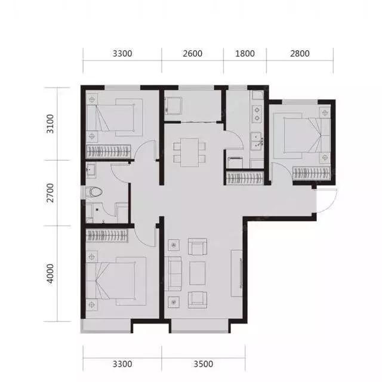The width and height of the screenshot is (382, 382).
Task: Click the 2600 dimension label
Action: [x=192, y=54]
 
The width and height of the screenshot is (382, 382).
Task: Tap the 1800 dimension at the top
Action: [x=245, y=54]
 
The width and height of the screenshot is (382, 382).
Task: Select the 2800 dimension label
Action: [x=300, y=54]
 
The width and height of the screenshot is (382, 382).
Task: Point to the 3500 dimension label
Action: [x=203, y=364]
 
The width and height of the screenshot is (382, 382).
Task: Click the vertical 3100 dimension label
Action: [x=50, y=124]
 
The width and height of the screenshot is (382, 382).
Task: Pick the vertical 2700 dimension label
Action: [x=50, y=193]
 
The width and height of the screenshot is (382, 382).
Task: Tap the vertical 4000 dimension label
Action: [x=50, y=273]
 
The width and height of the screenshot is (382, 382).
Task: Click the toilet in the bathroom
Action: [x=94, y=192]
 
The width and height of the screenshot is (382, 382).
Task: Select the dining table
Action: [x=190, y=153]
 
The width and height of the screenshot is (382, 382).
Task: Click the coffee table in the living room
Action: [x=198, y=273]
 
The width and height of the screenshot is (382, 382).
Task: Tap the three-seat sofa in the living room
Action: [x=173, y=274]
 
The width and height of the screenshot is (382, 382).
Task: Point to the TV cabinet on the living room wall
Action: [x=236, y=273]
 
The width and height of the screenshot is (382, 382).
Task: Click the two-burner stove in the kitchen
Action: [x=257, y=114]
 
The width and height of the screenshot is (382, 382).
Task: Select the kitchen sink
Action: [x=257, y=141]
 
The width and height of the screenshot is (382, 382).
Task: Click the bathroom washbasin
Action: [x=91, y=169]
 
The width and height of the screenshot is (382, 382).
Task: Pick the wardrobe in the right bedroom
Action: [x=312, y=173]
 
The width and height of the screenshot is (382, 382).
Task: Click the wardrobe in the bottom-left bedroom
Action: [x=107, y=236]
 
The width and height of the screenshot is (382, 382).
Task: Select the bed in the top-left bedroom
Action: [x=115, y=118]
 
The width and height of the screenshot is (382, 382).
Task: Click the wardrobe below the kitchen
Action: [x=245, y=178]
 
